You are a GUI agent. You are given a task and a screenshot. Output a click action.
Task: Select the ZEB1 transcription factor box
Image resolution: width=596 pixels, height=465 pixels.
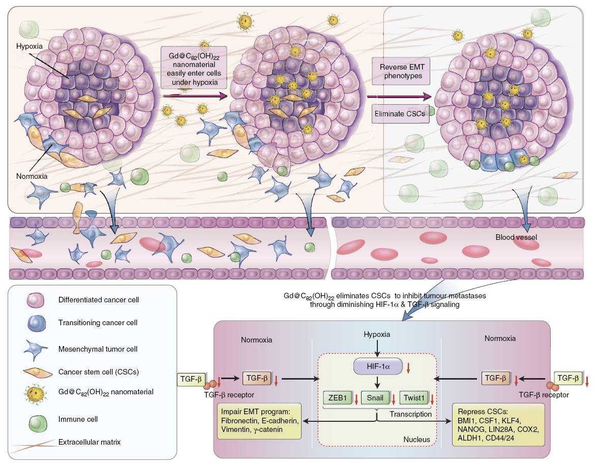[338, 397]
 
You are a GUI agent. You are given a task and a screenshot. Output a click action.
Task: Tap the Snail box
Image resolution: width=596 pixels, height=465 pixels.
[376, 397]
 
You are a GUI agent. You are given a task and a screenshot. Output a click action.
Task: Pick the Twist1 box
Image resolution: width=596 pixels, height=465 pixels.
[414, 397]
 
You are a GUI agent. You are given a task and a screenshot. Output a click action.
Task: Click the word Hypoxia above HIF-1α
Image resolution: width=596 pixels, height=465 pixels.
[377, 334]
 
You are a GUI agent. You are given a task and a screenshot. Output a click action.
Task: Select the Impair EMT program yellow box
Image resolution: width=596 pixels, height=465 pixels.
[259, 421]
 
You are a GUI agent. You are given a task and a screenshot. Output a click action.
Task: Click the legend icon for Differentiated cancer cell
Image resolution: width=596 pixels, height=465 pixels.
[37, 301]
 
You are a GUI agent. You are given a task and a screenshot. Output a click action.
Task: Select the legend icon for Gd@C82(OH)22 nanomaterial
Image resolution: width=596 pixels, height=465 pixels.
[36, 393]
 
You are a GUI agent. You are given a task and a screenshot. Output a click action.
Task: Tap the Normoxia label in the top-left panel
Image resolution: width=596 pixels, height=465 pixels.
[31, 176]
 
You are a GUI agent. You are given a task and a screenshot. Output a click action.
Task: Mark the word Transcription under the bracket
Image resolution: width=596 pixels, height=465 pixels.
[410, 414]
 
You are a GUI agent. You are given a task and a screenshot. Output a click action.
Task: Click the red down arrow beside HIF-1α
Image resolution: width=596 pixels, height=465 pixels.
[410, 367]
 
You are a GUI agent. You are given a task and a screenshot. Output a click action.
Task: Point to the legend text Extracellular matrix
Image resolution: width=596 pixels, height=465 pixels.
[90, 441]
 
